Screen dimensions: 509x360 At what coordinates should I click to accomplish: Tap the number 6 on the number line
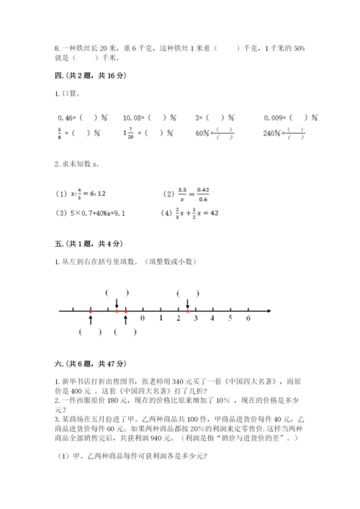[248, 317]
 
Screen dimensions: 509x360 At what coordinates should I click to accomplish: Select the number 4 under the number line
[213, 317]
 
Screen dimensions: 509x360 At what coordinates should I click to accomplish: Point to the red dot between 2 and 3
[188, 310]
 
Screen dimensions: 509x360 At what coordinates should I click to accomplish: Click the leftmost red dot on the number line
[91, 310]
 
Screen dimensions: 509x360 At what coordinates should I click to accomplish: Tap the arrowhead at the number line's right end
[269, 310]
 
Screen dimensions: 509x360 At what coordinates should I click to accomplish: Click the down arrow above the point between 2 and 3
[188, 303]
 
